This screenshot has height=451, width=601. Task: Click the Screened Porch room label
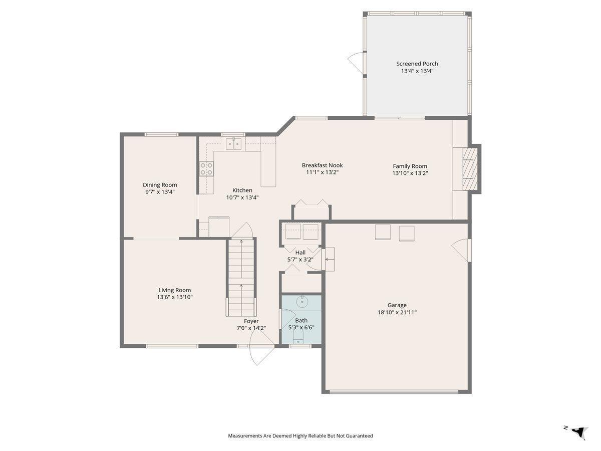pyautogui.click(x=417, y=64)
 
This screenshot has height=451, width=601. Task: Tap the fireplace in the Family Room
pyautogui.click(x=470, y=169)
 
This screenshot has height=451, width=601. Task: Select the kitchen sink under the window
pyautogui.click(x=233, y=144)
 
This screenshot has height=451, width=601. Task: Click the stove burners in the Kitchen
pyautogui.click(x=206, y=169)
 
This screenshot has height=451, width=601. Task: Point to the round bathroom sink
pyautogui.click(x=303, y=302)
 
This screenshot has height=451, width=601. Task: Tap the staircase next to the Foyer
pyautogui.click(x=241, y=278)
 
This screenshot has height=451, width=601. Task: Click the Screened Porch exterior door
pyautogui.click(x=357, y=63)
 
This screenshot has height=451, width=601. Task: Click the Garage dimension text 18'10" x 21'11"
pyautogui.click(x=397, y=312)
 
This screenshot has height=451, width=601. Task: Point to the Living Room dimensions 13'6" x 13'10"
pyautogui.click(x=175, y=297)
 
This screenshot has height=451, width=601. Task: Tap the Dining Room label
pyautogui.click(x=160, y=185)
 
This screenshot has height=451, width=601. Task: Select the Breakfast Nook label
pyautogui.click(x=322, y=165)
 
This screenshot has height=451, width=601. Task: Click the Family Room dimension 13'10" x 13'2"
pyautogui.click(x=410, y=173)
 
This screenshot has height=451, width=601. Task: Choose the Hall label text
pyautogui.click(x=300, y=252)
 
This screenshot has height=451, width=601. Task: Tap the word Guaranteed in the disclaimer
pyautogui.click(x=359, y=435)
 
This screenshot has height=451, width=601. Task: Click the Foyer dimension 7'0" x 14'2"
pyautogui.click(x=251, y=328)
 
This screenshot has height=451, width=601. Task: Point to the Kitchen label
pyautogui.click(x=242, y=190)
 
